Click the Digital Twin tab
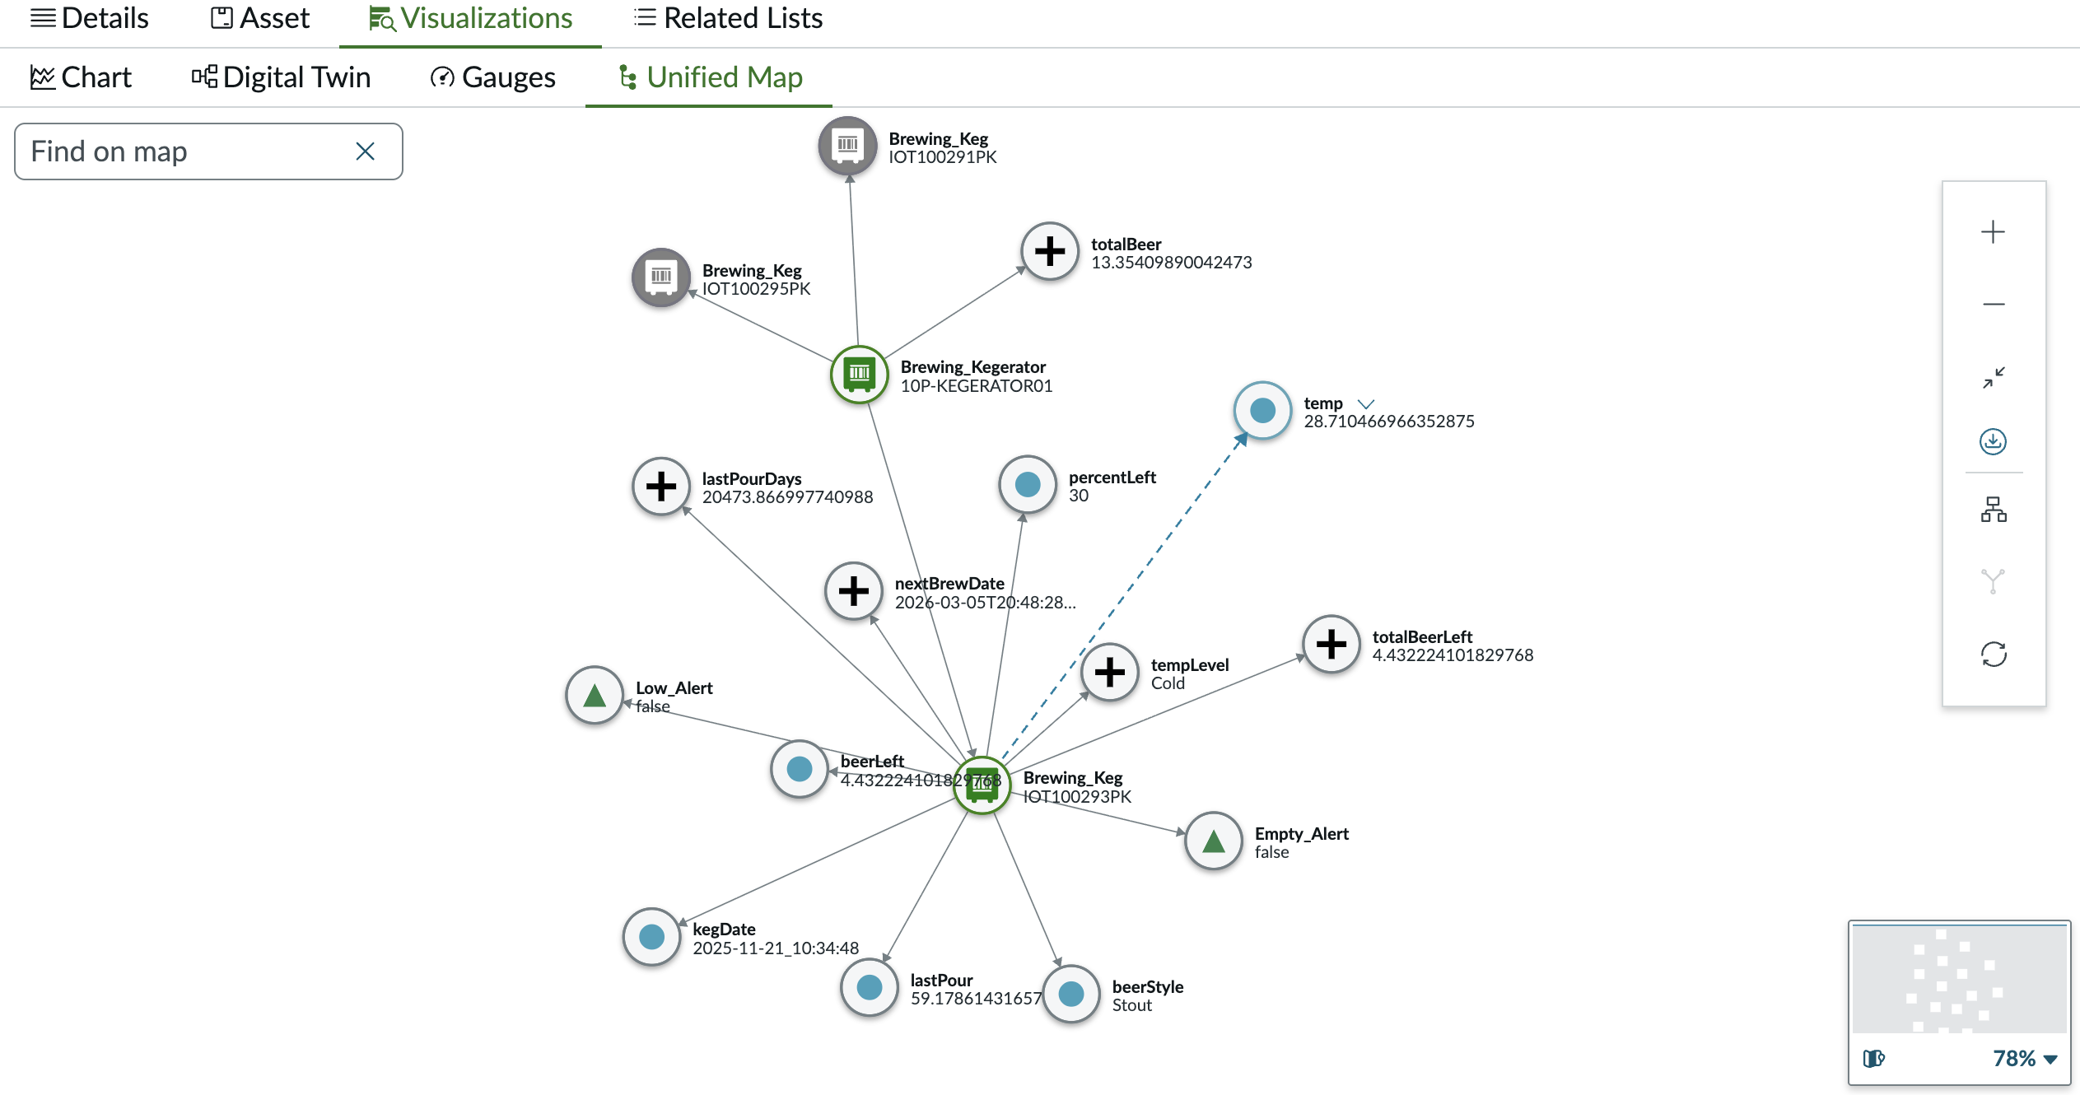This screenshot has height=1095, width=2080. click(281, 77)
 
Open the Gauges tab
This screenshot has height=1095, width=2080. click(492, 77)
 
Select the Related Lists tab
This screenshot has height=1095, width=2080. click(728, 18)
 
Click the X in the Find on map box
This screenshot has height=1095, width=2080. click(365, 151)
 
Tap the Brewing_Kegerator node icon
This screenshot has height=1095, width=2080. click(859, 375)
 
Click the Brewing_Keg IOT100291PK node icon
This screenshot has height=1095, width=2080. click(847, 146)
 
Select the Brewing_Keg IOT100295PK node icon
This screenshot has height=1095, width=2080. click(660, 277)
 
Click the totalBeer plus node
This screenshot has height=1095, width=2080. click(1050, 251)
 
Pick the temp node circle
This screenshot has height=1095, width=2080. click(1262, 410)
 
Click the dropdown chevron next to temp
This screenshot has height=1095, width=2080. click(1366, 403)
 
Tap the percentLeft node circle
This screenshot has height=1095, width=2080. click(1028, 484)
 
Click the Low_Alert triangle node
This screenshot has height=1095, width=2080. click(595, 695)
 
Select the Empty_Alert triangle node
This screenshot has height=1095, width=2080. click(1213, 841)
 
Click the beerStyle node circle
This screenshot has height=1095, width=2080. click(1071, 994)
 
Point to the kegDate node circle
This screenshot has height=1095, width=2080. click(651, 936)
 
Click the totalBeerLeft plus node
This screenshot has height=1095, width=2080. click(1331, 644)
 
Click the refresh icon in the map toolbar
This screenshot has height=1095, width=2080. click(1994, 655)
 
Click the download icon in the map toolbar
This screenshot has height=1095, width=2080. click(1993, 441)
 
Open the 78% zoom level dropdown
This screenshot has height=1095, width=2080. click(2025, 1058)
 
